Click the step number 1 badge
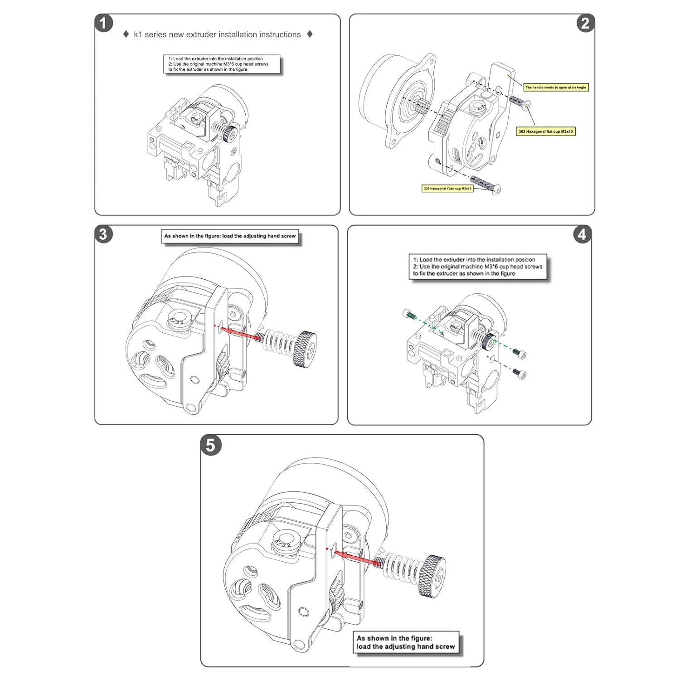(x=104, y=23)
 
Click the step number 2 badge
(x=585, y=23)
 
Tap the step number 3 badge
(x=103, y=234)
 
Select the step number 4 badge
(x=582, y=234)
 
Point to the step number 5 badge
(x=210, y=445)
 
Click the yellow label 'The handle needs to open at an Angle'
(x=555, y=87)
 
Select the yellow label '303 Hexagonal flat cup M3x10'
(x=545, y=131)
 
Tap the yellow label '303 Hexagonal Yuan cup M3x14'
(x=447, y=189)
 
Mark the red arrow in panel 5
(x=358, y=558)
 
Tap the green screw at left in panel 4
(x=409, y=314)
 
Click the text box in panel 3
(x=230, y=236)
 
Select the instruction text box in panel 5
(x=406, y=642)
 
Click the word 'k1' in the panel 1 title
(x=138, y=34)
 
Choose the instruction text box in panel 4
(x=478, y=267)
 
